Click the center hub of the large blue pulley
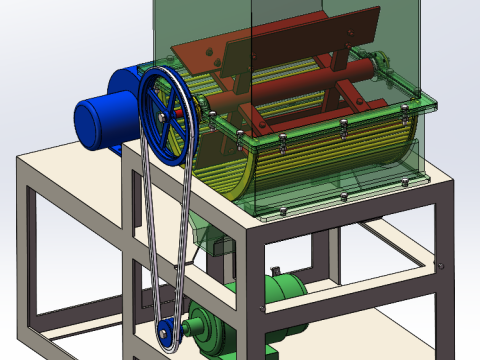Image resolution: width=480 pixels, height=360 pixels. (x=164, y=117)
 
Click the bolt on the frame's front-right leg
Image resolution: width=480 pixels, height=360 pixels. (x=439, y=265)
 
